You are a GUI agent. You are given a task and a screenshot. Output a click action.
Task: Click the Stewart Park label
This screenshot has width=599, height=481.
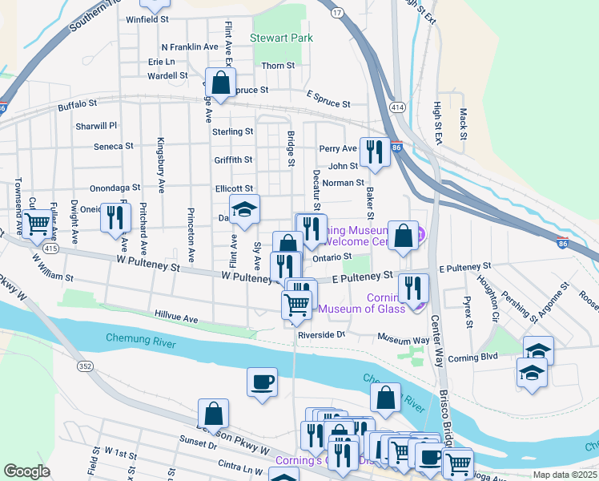point(281,37)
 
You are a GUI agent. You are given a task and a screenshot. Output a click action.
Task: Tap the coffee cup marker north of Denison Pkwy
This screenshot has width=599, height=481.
point(262,382)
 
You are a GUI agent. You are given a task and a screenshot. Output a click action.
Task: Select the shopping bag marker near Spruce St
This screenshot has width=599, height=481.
point(220,82)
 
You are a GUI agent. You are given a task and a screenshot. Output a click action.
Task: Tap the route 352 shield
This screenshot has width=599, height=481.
point(84,366)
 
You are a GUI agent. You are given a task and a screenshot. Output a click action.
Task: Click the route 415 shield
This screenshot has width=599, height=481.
point(50,250)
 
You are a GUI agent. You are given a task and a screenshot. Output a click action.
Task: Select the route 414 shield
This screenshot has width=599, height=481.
point(398,107)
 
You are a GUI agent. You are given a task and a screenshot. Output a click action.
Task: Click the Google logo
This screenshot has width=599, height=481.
point(26,471)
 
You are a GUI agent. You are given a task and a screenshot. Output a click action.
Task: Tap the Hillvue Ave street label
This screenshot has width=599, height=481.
point(175,318)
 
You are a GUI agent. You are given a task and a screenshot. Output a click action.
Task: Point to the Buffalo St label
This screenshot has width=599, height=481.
point(77,104)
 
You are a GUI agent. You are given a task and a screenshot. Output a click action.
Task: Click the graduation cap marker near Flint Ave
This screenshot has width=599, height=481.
point(245,208)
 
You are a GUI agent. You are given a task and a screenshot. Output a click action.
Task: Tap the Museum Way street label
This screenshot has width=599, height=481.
point(404,340)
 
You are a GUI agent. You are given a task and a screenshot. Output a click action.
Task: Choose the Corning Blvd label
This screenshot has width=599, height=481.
point(474,358)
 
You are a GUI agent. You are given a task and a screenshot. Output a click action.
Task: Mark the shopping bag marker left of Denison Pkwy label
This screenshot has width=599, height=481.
point(214,414)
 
